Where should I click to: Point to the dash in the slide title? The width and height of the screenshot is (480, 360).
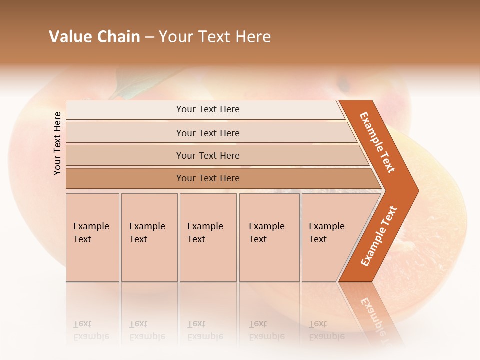pos(149,37)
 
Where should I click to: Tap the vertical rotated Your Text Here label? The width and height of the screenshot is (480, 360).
pos(57,143)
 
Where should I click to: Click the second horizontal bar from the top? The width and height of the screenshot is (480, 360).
pos(207,133)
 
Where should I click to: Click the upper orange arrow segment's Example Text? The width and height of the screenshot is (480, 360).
pos(378,142)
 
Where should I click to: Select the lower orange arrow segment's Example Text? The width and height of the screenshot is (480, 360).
pos(378,236)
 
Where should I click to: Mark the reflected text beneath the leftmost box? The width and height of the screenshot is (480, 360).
pos(86,330)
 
